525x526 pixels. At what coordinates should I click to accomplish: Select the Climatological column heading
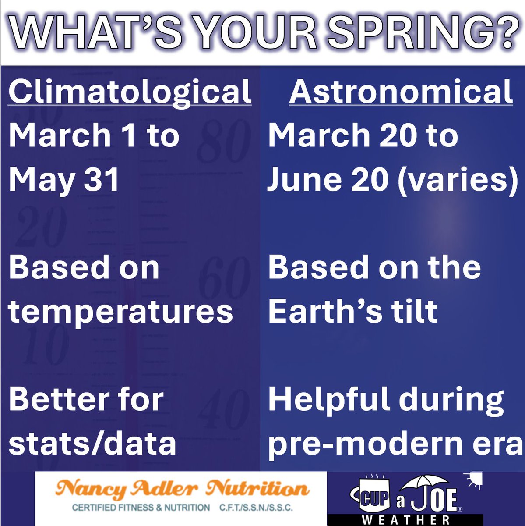click(130, 92)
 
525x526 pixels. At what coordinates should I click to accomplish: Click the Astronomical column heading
click(401, 92)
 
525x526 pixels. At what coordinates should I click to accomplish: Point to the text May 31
click(64, 180)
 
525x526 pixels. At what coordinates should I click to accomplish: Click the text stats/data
click(92, 443)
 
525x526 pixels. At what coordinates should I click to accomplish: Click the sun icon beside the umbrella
click(474, 481)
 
